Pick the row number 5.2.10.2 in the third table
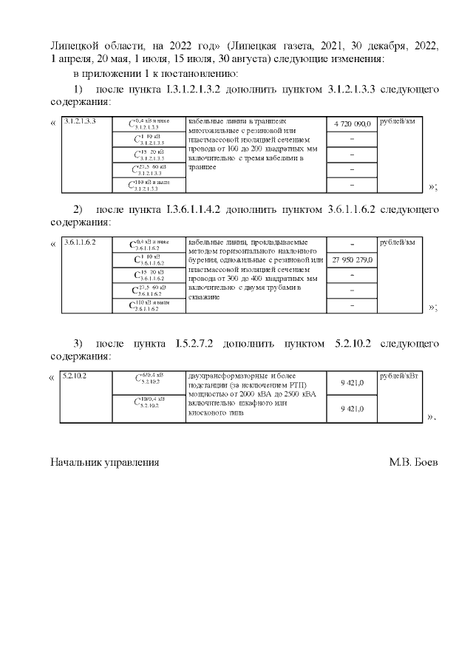(x=75, y=376)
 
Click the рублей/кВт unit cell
(x=398, y=376)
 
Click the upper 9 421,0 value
(x=352, y=383)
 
